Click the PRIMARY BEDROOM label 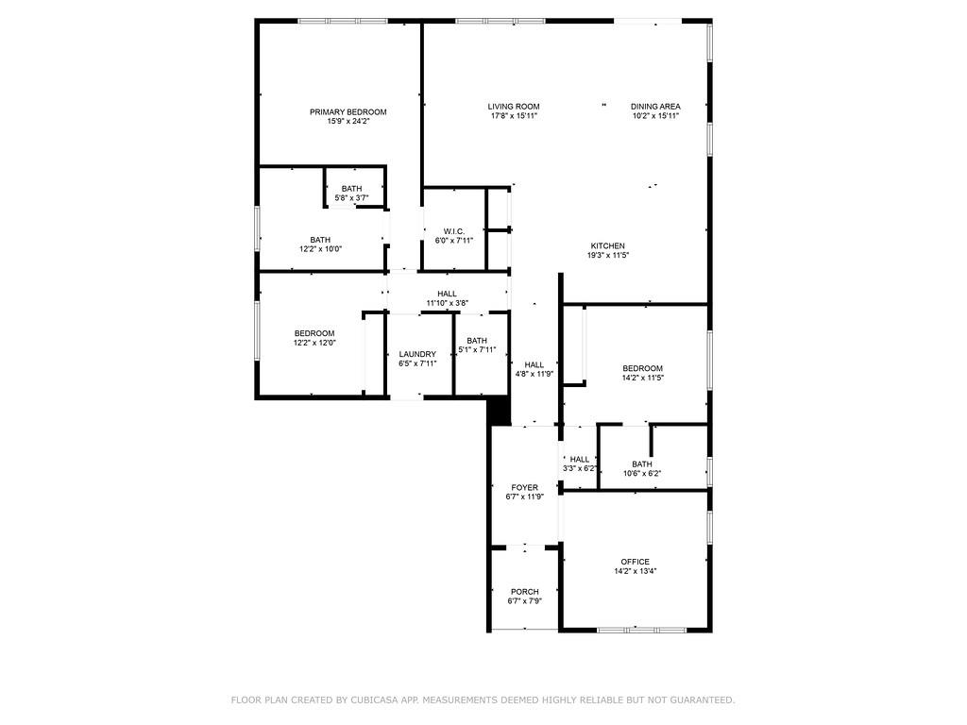click(348, 111)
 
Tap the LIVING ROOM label click(514, 106)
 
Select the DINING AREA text click(655, 106)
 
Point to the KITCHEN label click(608, 245)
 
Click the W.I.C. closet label click(453, 230)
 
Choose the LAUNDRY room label click(417, 354)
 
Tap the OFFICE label click(635, 562)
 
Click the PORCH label click(524, 592)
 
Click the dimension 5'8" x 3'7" click(351, 198)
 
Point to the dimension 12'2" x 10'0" click(320, 249)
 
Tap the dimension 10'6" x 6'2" click(641, 473)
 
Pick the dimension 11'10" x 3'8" click(447, 303)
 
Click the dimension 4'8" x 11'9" click(534, 374)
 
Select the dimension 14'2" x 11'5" click(642, 378)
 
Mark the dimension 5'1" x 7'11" click(477, 350)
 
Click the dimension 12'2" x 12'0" click(314, 343)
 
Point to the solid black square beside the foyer click(499, 410)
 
